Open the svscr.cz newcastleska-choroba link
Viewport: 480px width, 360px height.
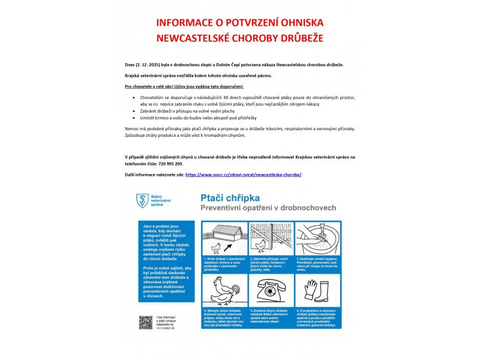[244, 175]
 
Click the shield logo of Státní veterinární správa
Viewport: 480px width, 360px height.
[142, 201]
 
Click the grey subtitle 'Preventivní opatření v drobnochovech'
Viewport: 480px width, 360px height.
[268, 207]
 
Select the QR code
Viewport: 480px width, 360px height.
[145, 322]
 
